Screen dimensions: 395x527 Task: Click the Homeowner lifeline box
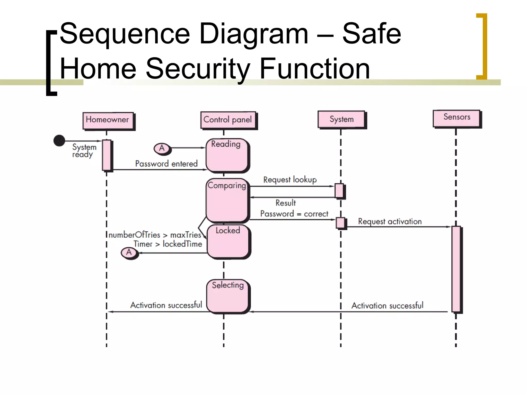tap(108, 120)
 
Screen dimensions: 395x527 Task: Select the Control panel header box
tap(228, 120)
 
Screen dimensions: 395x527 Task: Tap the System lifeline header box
tap(341, 119)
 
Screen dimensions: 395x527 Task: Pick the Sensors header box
tap(457, 118)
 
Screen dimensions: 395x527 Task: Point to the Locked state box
tap(228, 241)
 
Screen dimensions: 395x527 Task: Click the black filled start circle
tap(59, 141)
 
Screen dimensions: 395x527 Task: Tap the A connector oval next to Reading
tap(162, 148)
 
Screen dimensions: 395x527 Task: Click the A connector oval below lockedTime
tap(129, 253)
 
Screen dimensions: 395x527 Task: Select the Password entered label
tap(166, 164)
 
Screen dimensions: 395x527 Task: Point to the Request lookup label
tap(290, 179)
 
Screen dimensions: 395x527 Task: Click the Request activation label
tap(390, 221)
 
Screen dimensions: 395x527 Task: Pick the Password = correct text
tap(294, 214)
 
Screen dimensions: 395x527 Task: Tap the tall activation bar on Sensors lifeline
tap(456, 269)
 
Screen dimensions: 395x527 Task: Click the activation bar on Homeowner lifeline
tap(107, 155)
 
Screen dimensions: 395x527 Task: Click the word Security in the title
tap(198, 68)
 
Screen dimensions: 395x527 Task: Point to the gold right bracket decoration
tap(483, 46)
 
